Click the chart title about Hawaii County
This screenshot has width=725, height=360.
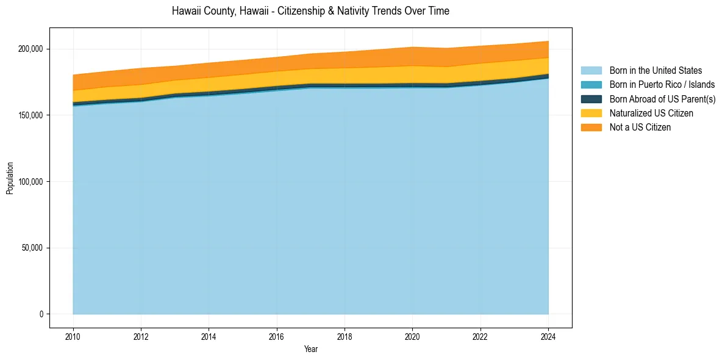[x=310, y=11]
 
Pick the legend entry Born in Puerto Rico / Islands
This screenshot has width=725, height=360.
[x=662, y=85]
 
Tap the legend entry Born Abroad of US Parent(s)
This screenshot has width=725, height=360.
[x=662, y=99]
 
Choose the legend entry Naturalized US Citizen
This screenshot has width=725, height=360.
[x=651, y=113]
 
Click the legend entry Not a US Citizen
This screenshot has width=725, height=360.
[x=640, y=128]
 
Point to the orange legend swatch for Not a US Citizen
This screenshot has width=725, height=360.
[x=591, y=128]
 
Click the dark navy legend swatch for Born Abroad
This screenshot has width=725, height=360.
[x=591, y=99]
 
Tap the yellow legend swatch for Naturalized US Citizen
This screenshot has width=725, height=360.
[x=591, y=113]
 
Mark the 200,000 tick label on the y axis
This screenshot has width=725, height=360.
[x=30, y=49]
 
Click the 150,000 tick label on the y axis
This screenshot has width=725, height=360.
[x=30, y=115]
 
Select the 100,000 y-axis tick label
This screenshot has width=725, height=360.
[x=30, y=182]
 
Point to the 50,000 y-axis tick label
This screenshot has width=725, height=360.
[x=32, y=248]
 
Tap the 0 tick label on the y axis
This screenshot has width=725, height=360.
[x=41, y=314]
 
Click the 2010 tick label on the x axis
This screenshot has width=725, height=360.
[x=73, y=336]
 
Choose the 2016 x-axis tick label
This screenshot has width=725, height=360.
[x=277, y=336]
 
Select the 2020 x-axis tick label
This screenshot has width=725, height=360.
[x=413, y=336]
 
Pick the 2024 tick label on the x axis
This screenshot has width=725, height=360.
[x=549, y=336]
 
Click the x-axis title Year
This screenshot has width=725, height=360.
[x=311, y=349]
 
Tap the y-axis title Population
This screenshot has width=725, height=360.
[x=10, y=178]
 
